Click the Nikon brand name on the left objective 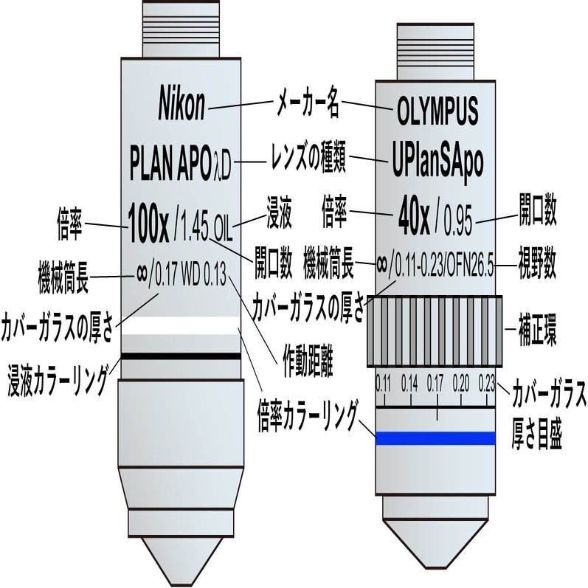coord(182,103)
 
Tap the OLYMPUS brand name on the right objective coord(437,111)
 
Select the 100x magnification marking coord(148,223)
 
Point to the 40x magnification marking coord(414,218)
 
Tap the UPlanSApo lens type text coord(437,162)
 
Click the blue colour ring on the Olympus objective coord(436,438)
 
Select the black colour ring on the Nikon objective coord(180,356)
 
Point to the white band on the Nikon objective coord(180,325)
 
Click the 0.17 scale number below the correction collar coord(435,383)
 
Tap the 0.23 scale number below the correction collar coord(487,383)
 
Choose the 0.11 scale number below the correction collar coord(384,383)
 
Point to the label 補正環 coord(537,330)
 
